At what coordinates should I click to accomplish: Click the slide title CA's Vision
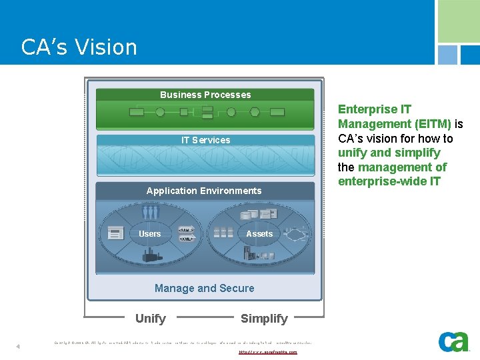79,47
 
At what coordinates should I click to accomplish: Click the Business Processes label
205,95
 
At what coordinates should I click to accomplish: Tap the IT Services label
205,140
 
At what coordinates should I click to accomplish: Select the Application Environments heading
204,191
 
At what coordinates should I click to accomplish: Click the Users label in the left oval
149,234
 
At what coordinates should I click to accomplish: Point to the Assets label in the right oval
259,234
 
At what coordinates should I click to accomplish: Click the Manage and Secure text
204,288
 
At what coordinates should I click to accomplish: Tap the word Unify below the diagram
151,319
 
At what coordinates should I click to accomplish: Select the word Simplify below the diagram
264,319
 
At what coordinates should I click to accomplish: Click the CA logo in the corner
453,341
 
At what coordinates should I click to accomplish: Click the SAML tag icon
186,230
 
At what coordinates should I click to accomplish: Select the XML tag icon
186,239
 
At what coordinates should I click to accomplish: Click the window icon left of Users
116,233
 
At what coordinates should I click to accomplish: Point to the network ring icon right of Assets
291,233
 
